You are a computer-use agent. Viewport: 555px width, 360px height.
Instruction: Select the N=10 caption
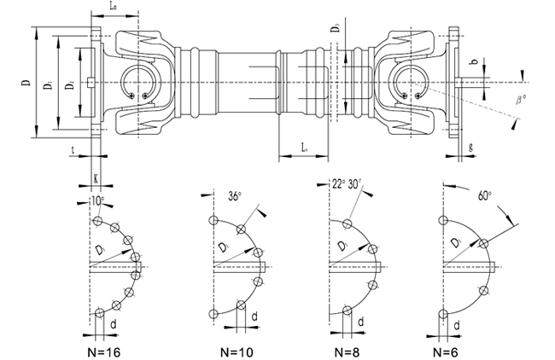236,350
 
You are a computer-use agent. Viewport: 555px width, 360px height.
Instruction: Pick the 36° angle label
233,195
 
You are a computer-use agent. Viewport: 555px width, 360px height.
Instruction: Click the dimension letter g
471,146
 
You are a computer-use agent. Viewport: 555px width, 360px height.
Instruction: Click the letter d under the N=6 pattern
459,324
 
